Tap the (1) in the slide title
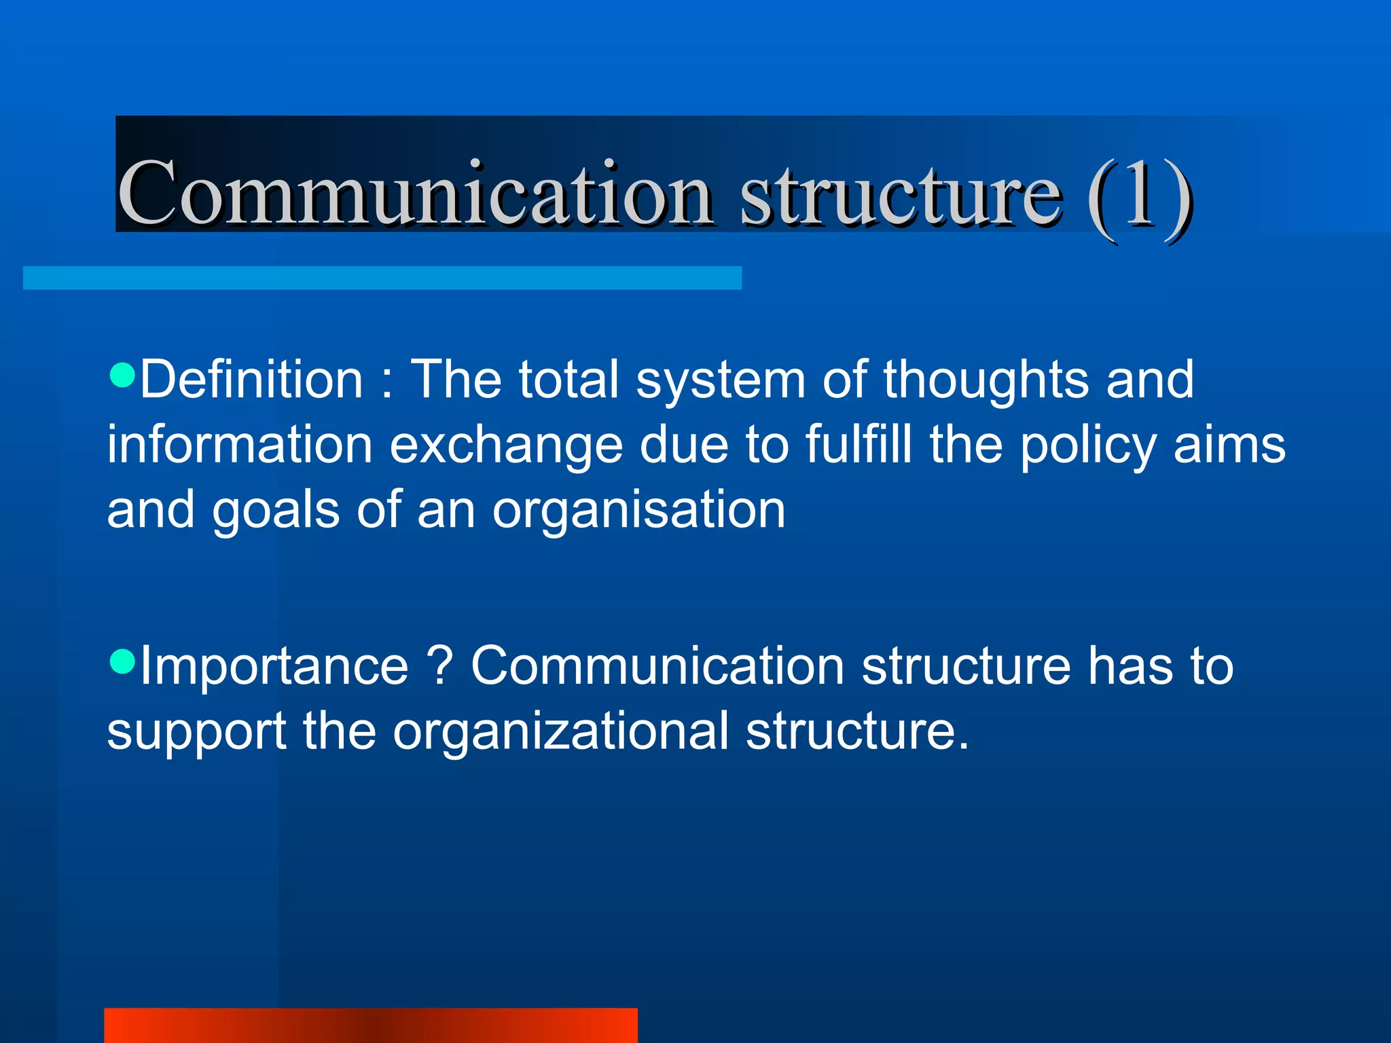1139,197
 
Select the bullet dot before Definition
122,374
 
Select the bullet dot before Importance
122,661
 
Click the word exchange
506,445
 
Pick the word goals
276,511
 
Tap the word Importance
274,667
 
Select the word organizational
560,731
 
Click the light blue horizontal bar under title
382,278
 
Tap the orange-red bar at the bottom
370,1025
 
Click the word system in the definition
720,380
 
